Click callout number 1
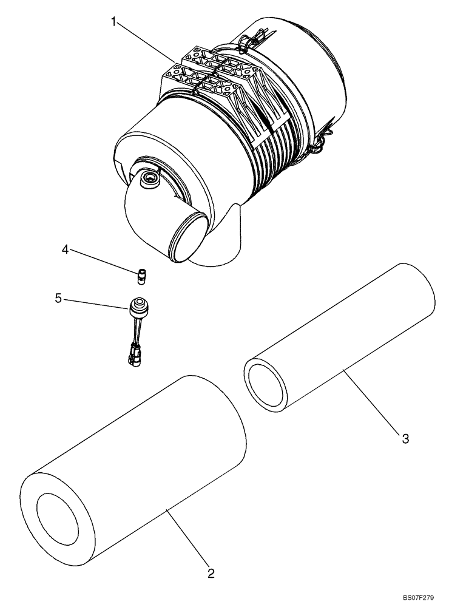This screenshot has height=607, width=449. click(113, 22)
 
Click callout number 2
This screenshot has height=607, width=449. click(211, 572)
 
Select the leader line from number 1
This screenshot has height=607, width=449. click(146, 42)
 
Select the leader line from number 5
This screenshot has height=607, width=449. click(97, 303)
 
